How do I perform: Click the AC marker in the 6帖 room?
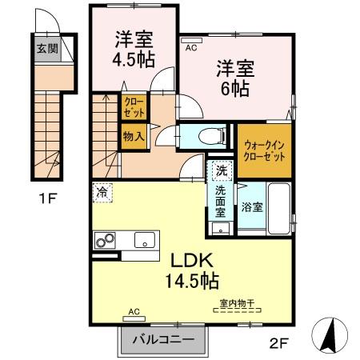click(x=190, y=47)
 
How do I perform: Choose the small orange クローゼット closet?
click(x=133, y=108)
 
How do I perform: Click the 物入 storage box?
click(x=133, y=136)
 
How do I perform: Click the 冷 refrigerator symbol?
click(x=102, y=190)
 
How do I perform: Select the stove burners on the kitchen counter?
click(x=106, y=239)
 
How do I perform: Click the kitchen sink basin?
click(x=145, y=238)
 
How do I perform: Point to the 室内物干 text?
click(x=236, y=304)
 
